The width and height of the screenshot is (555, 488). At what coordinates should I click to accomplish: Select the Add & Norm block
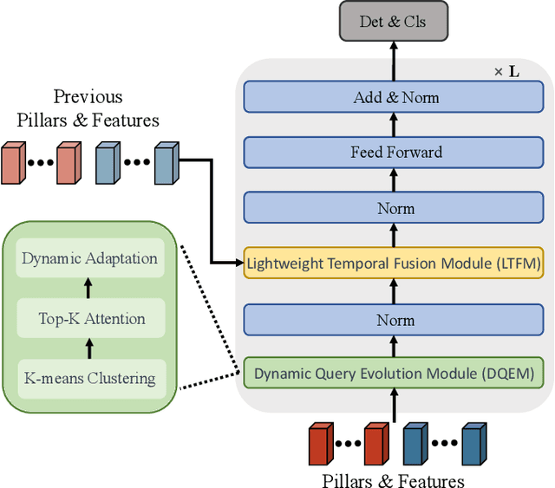tap(395, 97)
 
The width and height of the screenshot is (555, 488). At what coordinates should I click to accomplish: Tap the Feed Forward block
tap(395, 153)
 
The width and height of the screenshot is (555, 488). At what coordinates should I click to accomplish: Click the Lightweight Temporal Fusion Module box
tap(394, 263)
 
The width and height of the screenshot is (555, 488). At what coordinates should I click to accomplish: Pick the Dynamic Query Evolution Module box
tap(394, 374)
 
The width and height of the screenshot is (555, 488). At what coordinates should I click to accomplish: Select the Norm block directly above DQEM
tap(395, 320)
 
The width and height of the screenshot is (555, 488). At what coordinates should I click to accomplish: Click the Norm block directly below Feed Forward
tap(395, 208)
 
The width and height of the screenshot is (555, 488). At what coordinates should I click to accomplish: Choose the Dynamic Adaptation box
tap(90, 258)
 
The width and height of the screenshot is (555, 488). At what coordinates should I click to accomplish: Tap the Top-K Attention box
tap(90, 318)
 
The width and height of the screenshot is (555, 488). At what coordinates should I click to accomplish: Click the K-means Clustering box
tap(90, 378)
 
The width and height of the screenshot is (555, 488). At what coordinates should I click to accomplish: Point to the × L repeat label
tap(507, 71)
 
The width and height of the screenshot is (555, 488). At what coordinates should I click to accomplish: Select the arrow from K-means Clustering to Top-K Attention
tap(88, 348)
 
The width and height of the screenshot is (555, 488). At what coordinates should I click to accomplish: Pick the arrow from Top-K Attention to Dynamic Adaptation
tap(88, 289)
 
